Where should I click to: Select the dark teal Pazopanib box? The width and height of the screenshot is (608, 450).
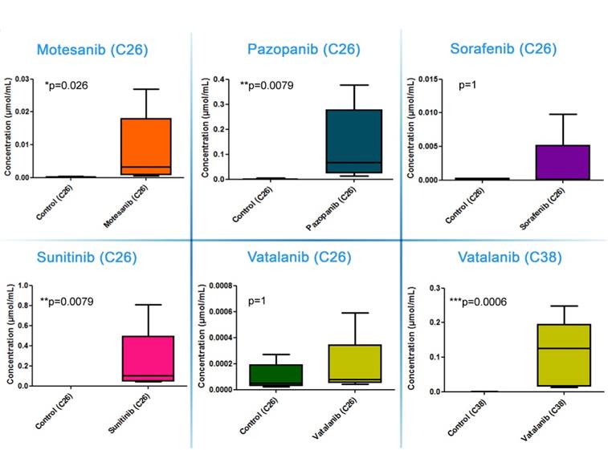coord(354,140)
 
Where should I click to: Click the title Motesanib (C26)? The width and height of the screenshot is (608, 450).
coord(92,50)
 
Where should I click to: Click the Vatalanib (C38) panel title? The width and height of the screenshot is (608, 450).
coord(508,257)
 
